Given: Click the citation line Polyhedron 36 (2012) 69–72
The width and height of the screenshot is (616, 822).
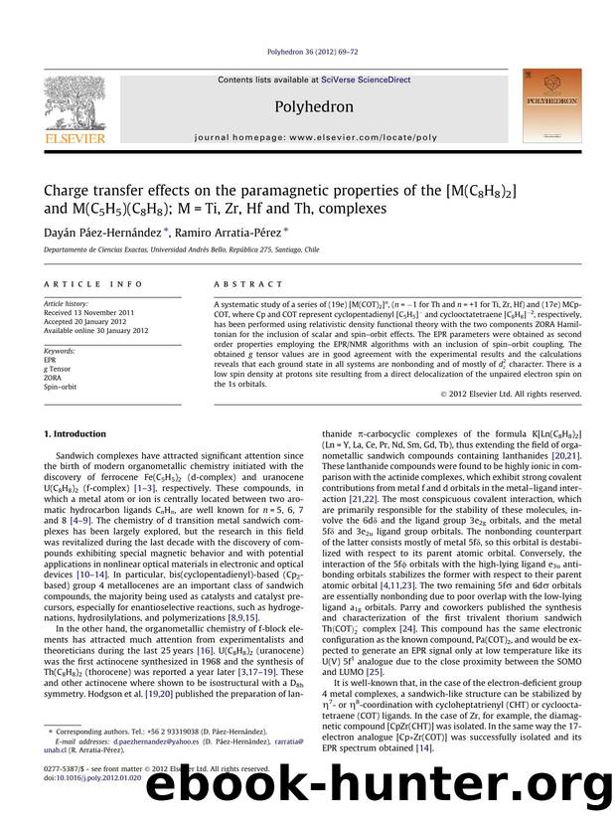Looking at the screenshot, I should [x=308, y=54].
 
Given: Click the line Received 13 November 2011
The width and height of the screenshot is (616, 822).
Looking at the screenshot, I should [x=93, y=313].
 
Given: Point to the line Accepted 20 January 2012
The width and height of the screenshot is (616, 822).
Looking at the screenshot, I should [x=89, y=322].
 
